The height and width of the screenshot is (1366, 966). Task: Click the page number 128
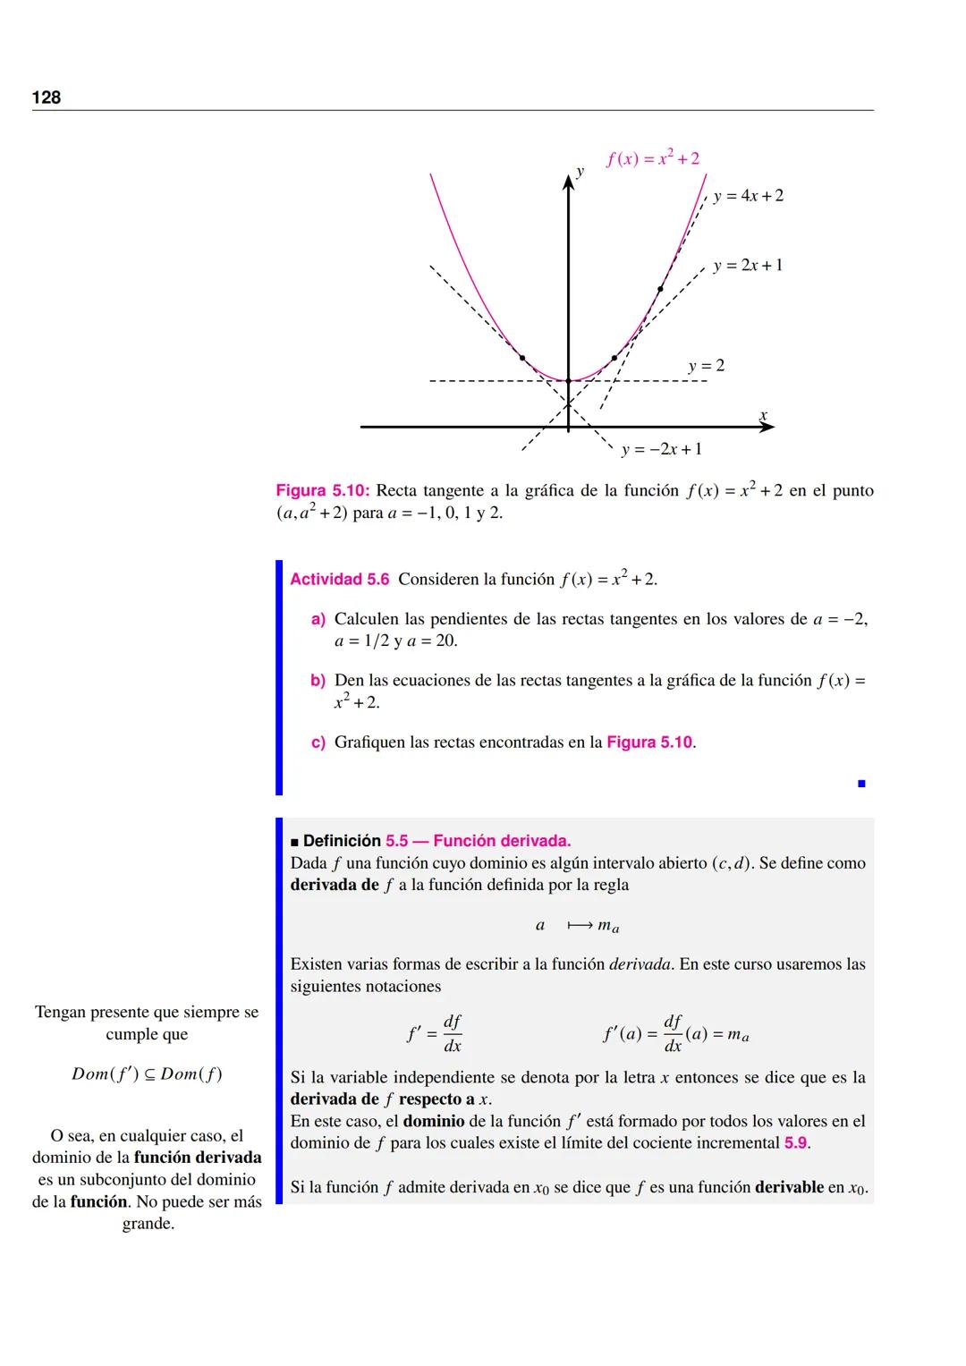coord(47,98)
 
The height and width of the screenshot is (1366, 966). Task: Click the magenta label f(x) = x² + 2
coord(653,159)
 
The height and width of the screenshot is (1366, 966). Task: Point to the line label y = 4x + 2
coord(748,196)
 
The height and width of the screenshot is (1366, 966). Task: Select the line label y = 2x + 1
coord(748,266)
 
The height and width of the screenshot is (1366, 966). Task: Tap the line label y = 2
coord(707,366)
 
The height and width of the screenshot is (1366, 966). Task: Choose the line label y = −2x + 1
coord(661,449)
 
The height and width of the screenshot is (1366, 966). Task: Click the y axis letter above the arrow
coord(580,171)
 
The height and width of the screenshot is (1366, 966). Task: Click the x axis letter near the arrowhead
coord(763,415)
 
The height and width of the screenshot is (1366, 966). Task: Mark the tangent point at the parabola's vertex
coord(568,381)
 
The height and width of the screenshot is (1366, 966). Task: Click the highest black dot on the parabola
coord(660,289)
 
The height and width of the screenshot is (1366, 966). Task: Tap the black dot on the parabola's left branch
coord(522,358)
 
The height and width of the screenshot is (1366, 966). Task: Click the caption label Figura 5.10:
coord(323,490)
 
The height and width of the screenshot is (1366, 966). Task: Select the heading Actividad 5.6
coord(340,580)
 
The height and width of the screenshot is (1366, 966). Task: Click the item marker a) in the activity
coord(318,619)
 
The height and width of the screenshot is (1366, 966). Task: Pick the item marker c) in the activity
coord(318,742)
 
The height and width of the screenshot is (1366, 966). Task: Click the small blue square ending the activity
coord(861,784)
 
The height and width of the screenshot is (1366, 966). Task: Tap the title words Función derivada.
coord(502,841)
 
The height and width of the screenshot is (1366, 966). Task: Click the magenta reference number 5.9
coord(796,1143)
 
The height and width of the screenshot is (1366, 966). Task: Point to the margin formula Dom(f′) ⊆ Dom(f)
coord(147,1074)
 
